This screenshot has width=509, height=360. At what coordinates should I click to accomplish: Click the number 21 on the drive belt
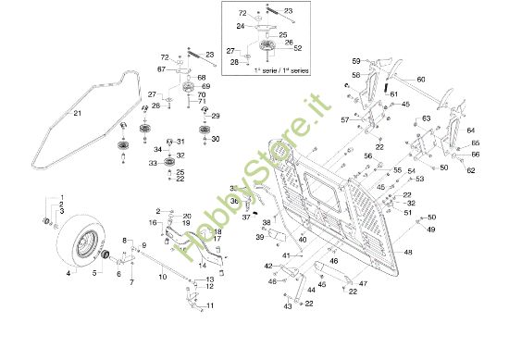click(78, 114)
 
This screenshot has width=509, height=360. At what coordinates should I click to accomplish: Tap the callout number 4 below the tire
click(68, 275)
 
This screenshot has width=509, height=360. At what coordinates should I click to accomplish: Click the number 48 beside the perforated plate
click(408, 252)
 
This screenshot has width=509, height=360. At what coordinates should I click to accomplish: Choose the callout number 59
click(354, 61)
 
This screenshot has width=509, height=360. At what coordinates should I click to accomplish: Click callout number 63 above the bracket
click(427, 118)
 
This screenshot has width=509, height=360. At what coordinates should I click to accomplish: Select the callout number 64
click(470, 130)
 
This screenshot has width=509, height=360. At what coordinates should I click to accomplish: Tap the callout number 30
click(216, 139)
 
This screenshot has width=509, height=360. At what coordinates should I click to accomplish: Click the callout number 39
click(259, 238)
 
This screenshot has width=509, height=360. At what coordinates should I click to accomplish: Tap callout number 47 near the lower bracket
click(363, 282)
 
